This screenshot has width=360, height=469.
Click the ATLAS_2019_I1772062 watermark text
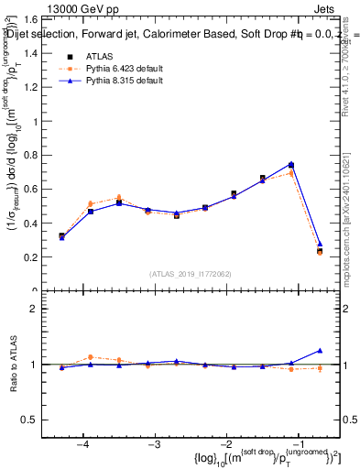191,274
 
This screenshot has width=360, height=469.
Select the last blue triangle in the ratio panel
320,350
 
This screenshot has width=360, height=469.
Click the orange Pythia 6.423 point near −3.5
118,197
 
